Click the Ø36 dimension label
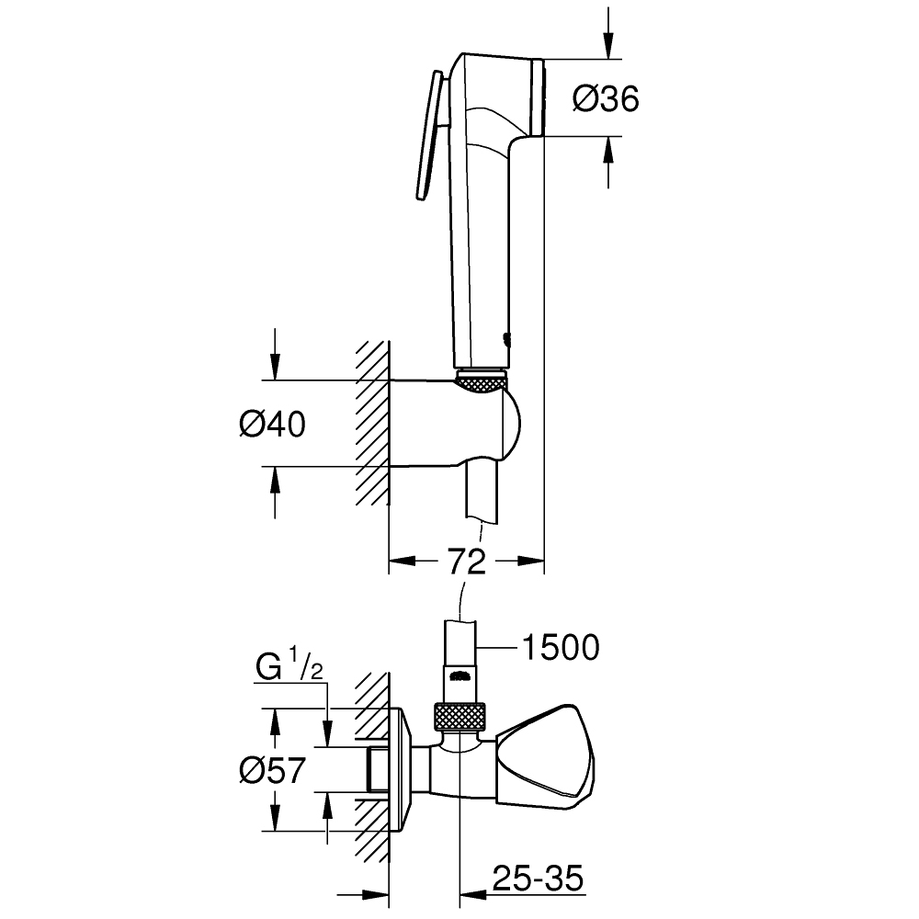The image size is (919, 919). coord(605,98)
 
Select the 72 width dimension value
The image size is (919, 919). coord(466,562)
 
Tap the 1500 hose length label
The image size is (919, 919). coord(559,647)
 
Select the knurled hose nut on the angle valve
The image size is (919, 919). coord(459,717)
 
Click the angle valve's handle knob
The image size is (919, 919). coord(548,759)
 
